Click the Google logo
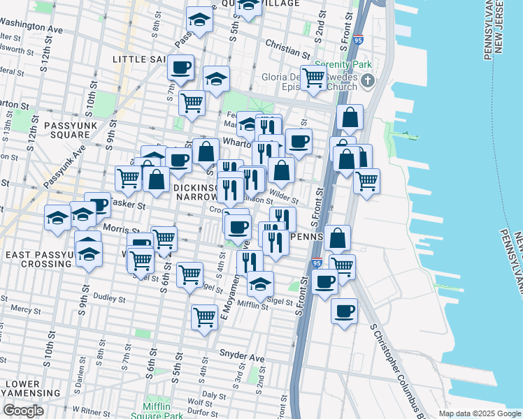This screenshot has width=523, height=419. tap(23, 411)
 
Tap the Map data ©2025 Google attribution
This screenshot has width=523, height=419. tap(479, 413)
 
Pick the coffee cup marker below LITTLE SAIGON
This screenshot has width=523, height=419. tap(181, 68)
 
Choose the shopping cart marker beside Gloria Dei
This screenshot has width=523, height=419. tap(313, 78)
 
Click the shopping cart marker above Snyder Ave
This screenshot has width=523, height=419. tap(204, 316)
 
